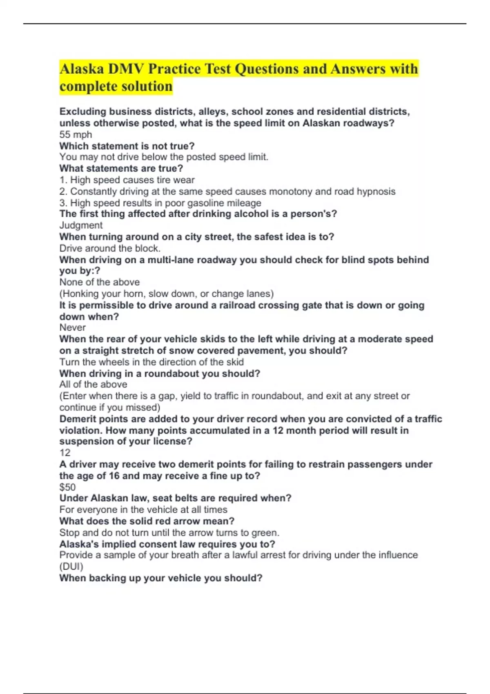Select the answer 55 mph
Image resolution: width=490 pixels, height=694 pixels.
pos(76,134)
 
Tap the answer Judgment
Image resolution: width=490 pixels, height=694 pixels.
pos(81,225)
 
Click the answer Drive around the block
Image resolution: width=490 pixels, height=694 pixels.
pos(110,248)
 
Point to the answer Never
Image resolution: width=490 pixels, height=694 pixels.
pos(73,327)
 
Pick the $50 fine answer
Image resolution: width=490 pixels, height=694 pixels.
pos(67,487)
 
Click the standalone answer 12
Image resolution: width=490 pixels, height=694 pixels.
pos(65,453)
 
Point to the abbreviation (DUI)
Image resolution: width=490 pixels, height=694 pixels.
pos(71,567)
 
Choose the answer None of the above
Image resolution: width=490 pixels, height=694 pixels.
pos(99,282)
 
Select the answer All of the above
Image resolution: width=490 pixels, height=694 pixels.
pos(93,385)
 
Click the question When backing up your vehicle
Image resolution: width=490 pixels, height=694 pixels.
pos(160,578)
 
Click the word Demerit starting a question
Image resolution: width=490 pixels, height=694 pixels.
pos(78,419)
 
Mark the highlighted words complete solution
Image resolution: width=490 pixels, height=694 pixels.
pos(116,87)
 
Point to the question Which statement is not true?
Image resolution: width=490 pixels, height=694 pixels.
pos(127,146)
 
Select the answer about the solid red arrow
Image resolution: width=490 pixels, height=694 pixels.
pos(169,533)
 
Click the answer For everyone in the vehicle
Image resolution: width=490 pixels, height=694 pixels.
pos(143,509)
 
